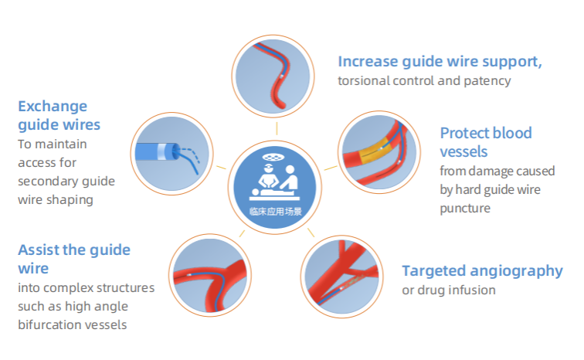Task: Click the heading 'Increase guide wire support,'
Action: tap(440, 62)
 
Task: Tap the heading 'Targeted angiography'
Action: tap(482, 271)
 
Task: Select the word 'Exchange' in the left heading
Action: tap(53, 107)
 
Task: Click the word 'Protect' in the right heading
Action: tap(463, 133)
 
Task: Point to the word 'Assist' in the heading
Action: tap(39, 250)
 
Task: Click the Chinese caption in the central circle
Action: tap(275, 212)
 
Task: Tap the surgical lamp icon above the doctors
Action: tap(273, 158)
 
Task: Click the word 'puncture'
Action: tap(465, 209)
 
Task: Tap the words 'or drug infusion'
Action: tap(449, 290)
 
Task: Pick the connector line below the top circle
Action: tap(277, 127)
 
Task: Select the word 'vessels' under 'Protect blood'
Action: tap(463, 152)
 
